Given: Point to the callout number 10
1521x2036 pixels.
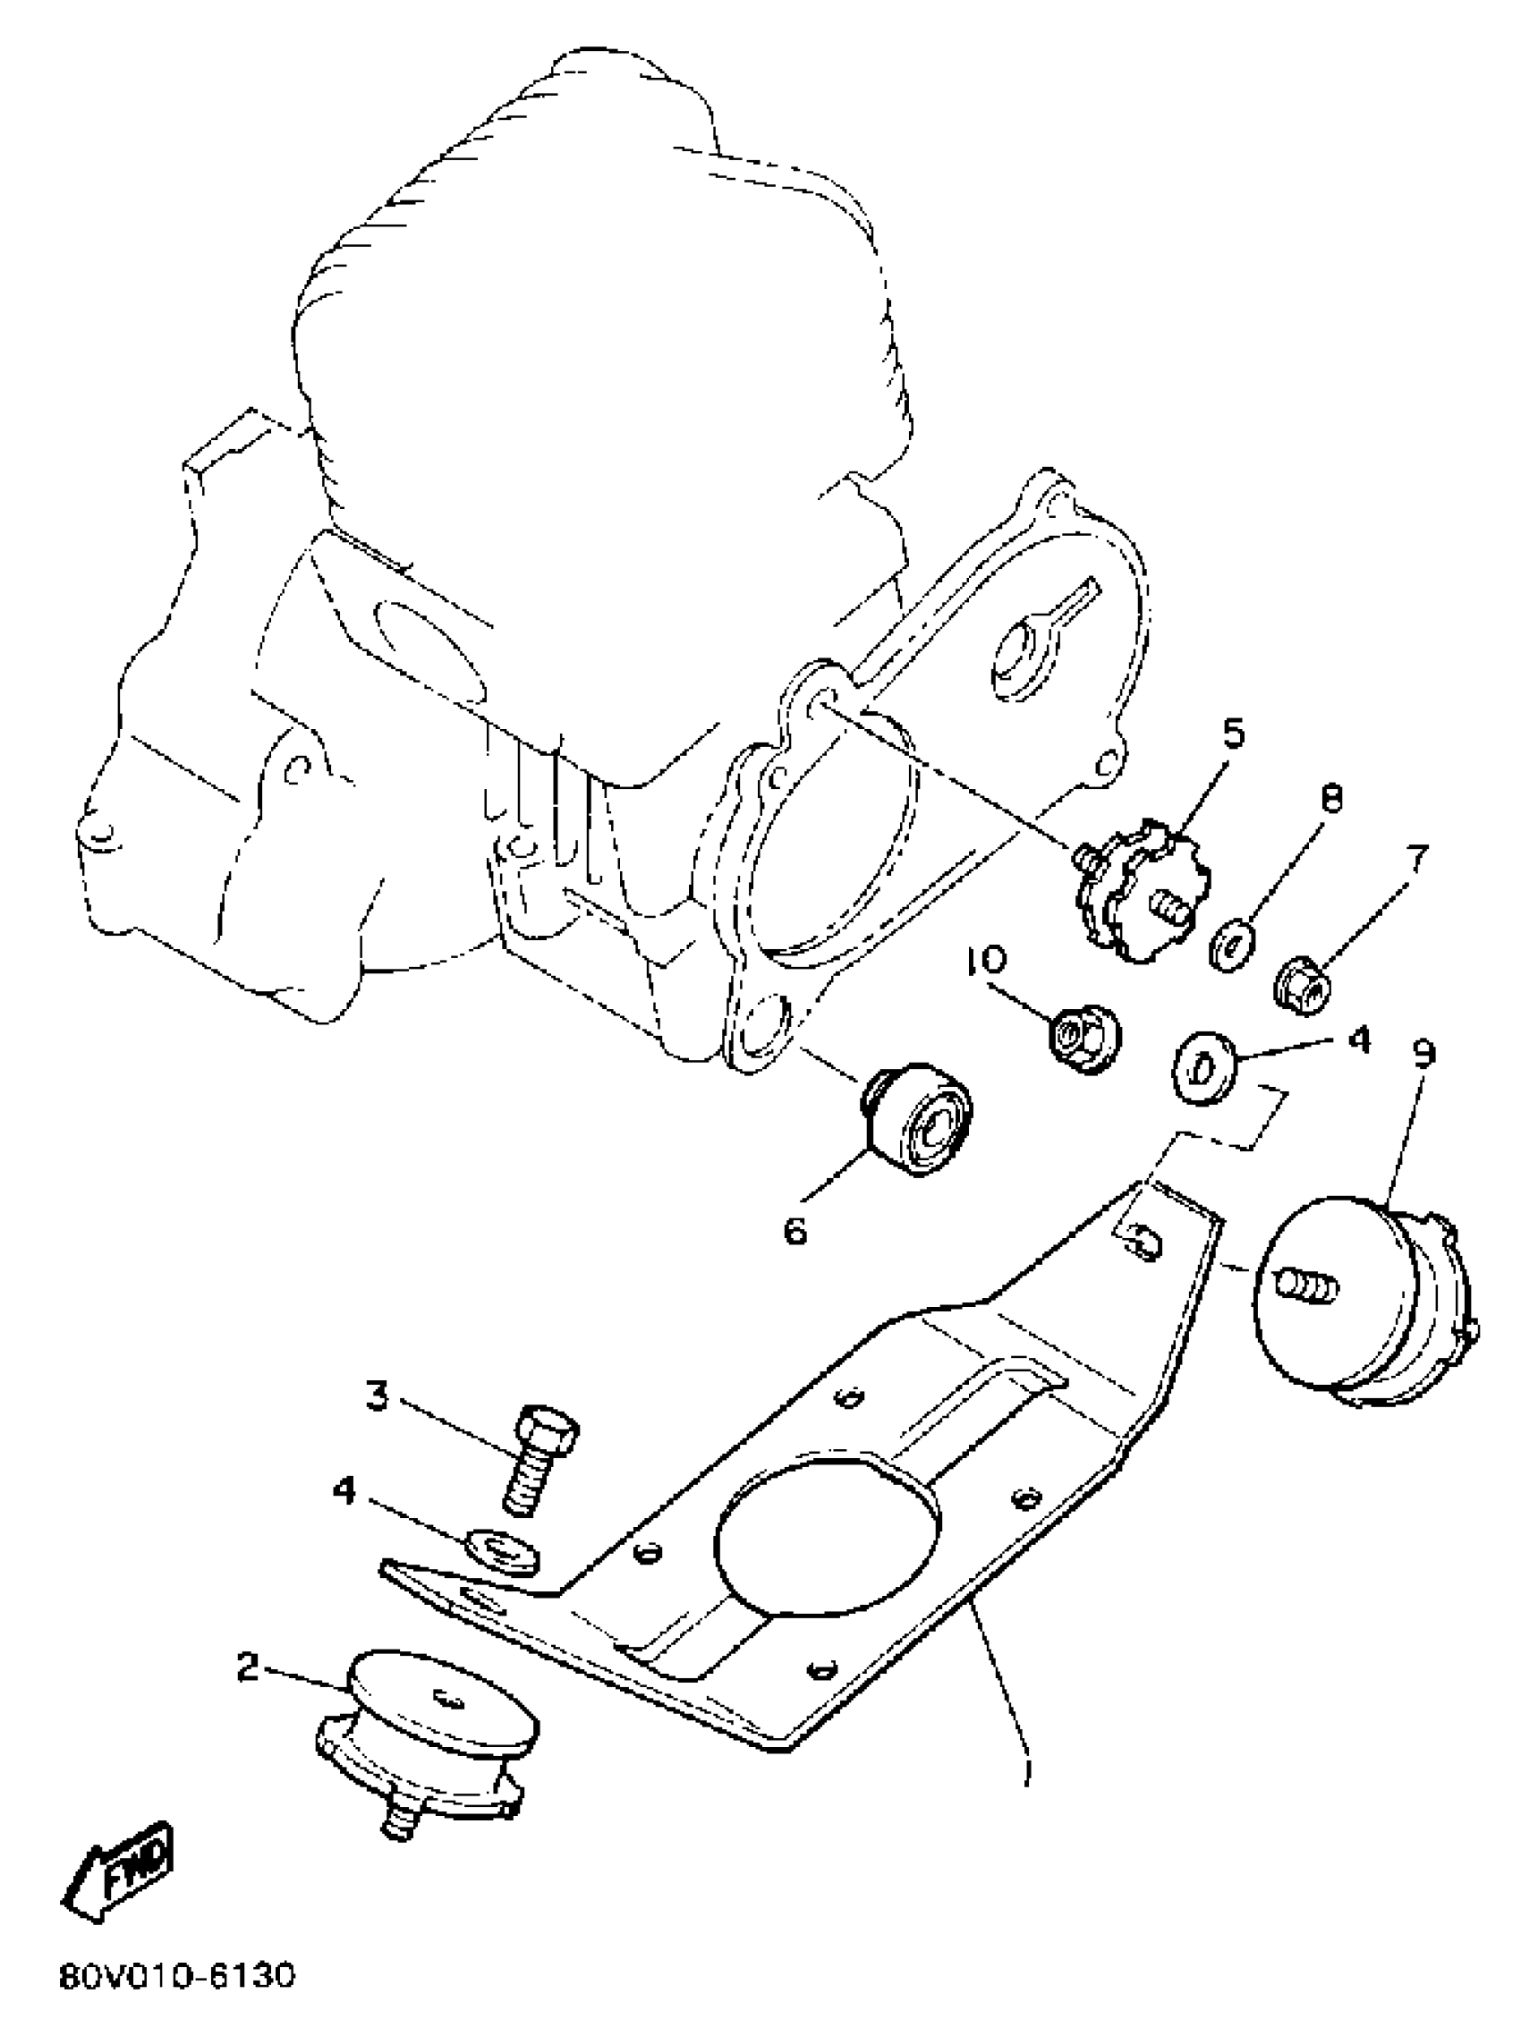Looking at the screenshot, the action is [x=986, y=961].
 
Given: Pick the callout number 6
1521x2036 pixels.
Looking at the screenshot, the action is [x=795, y=1230].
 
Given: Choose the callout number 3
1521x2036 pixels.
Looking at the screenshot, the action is [x=377, y=1396].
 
